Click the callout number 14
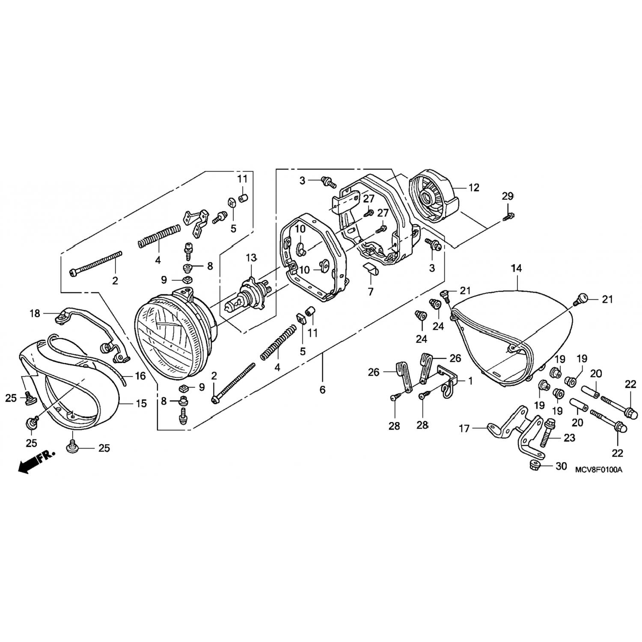(x=517, y=269)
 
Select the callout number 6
(x=322, y=389)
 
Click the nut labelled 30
(x=533, y=465)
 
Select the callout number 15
(x=141, y=404)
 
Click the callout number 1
(x=470, y=380)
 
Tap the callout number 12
(x=473, y=187)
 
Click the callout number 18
(x=35, y=314)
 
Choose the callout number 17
(x=464, y=428)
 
